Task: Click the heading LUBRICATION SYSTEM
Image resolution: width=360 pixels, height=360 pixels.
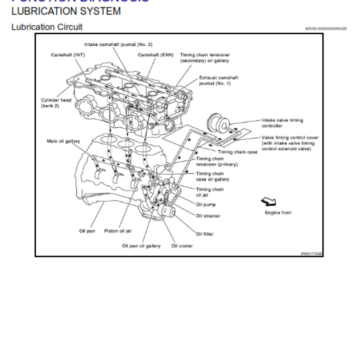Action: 66,11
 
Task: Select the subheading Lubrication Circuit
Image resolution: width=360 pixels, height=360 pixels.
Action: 47,27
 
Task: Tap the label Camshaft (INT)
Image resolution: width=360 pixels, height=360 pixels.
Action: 67,55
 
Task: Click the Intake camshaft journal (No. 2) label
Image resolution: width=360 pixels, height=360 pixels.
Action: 118,45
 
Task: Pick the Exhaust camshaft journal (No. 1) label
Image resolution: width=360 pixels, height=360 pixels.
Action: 219,81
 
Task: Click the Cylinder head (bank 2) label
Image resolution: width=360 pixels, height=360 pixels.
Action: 56,103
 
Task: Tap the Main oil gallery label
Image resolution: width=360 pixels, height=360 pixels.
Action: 63,141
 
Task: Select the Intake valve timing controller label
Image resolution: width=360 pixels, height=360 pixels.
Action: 282,123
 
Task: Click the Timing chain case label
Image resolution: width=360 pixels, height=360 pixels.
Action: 238,152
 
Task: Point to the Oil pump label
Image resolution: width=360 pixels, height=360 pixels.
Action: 206,204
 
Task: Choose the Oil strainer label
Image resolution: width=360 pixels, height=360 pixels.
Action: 208,216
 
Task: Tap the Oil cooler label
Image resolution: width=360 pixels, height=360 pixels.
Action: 182,246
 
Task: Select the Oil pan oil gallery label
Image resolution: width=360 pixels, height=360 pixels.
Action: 141,246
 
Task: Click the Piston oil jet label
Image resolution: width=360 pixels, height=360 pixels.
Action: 118,231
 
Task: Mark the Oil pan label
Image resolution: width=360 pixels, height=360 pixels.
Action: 87,231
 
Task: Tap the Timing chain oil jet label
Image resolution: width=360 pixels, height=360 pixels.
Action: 210,192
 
